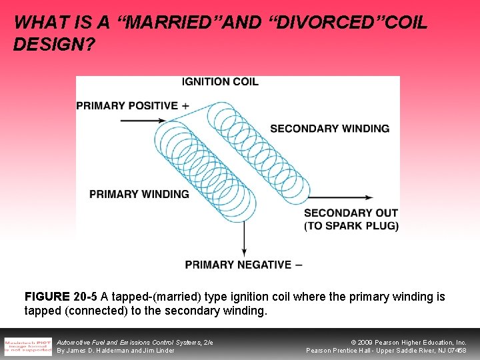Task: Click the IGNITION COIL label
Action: tap(220, 82)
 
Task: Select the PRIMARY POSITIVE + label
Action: tap(133, 105)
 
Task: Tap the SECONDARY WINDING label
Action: tap(329, 128)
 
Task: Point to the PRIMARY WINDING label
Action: tap(139, 194)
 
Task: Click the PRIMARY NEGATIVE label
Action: tap(243, 265)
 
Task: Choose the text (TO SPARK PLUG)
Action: tap(351, 226)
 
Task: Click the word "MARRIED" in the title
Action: tap(161, 23)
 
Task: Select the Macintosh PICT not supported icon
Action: tap(28, 346)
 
